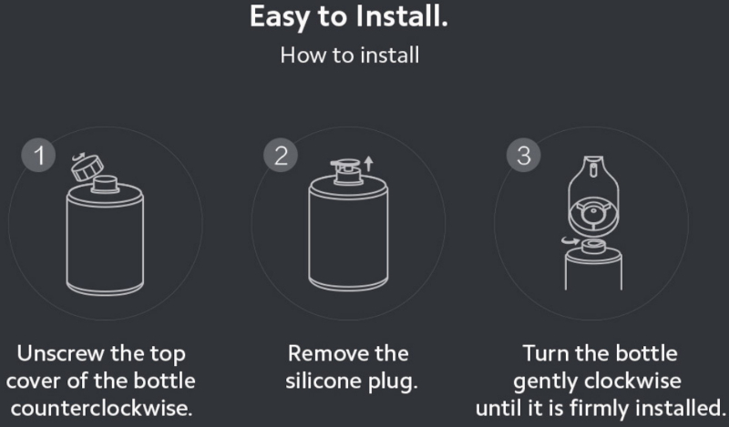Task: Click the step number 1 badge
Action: [x=38, y=155]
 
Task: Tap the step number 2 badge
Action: [x=281, y=155]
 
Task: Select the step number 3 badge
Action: [x=523, y=155]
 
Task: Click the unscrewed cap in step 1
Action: [x=87, y=167]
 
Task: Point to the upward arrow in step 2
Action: [x=369, y=163]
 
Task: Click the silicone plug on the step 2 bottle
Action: [x=346, y=167]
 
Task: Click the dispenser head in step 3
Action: [x=593, y=194]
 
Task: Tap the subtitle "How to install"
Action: [x=350, y=56]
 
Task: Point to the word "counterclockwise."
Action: [x=101, y=409]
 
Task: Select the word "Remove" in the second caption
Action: [x=328, y=353]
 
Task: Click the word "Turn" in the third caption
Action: [x=545, y=353]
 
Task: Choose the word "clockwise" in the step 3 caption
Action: [x=632, y=381]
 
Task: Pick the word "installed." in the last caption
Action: [x=679, y=409]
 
